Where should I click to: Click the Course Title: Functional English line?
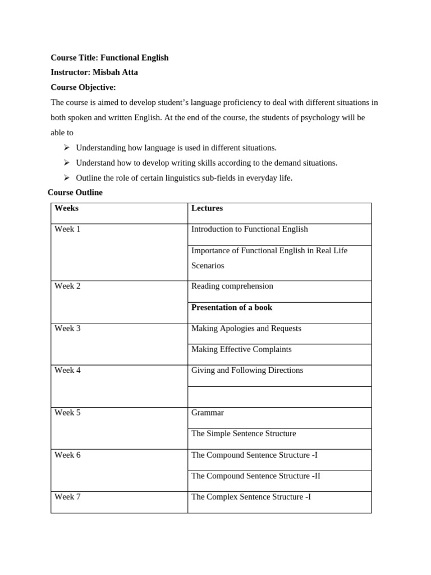pos(109,58)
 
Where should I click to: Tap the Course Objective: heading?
pos(83,87)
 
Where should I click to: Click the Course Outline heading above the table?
pos(75,193)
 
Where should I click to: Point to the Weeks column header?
pos(66,208)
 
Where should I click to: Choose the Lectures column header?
pos(207,208)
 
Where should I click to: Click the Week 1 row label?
pos(67,229)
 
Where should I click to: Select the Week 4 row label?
pos(67,370)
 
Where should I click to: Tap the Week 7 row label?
pos(67,497)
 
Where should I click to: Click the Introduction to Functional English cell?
pos(249,229)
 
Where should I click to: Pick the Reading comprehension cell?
pos(232,286)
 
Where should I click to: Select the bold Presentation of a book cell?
pos(232,307)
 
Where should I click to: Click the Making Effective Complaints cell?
pos(241,349)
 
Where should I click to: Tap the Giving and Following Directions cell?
pos(247,370)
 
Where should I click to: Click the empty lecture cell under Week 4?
pos(279,397)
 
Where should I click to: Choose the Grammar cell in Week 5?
pos(208,413)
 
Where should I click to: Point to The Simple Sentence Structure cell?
pos(244,433)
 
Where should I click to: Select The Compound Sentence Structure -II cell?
pos(256,476)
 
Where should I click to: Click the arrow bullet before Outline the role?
pos(66,177)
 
